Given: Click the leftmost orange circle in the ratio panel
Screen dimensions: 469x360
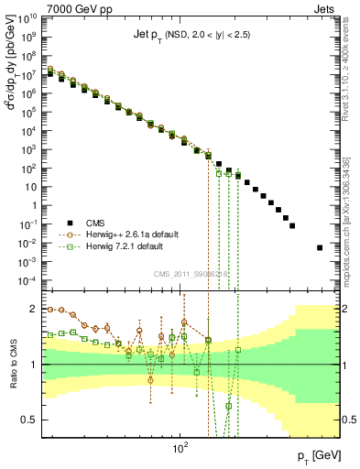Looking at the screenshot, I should click(50, 310).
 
